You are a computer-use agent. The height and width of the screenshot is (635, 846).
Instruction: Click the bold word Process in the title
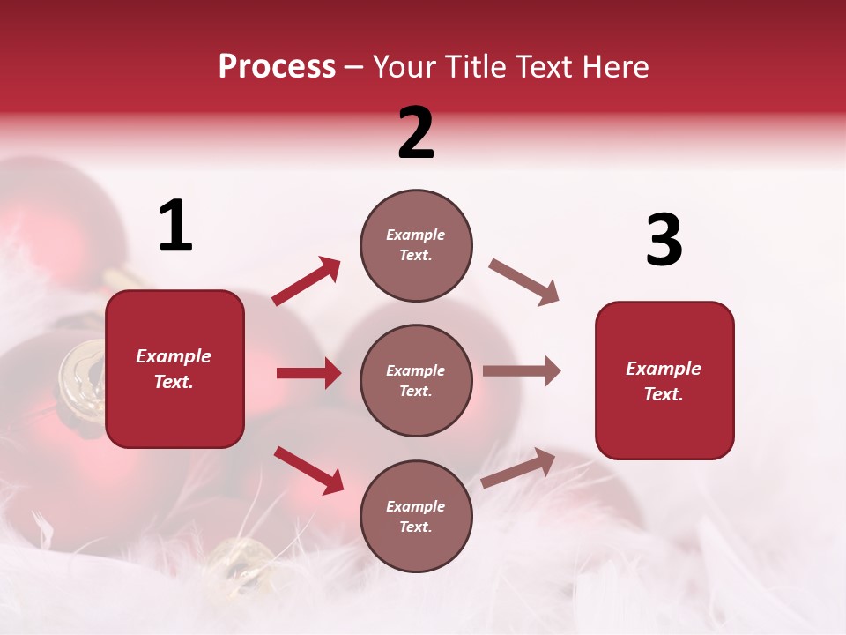coord(277,66)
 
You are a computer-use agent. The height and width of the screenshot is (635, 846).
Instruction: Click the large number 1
coord(175,227)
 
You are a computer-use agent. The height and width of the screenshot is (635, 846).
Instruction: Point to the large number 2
coord(416,133)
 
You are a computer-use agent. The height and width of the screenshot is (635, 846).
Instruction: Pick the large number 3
coord(664,241)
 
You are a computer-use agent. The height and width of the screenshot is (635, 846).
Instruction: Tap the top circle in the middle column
coord(416,244)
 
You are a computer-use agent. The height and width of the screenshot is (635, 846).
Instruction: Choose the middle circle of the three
coord(416,380)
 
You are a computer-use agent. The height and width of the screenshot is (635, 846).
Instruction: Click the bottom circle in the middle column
coord(416,516)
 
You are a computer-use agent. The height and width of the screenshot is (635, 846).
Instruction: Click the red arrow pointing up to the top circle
coord(307,281)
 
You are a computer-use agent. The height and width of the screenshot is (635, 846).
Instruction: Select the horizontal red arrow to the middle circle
coord(308,373)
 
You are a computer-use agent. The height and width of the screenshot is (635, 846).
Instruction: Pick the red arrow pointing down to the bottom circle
coord(308,469)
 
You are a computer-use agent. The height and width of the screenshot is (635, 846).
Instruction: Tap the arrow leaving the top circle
coord(524,282)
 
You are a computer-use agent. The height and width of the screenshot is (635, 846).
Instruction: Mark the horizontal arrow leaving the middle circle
coord(522,371)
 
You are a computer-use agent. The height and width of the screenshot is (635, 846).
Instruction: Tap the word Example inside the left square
coord(174,356)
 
